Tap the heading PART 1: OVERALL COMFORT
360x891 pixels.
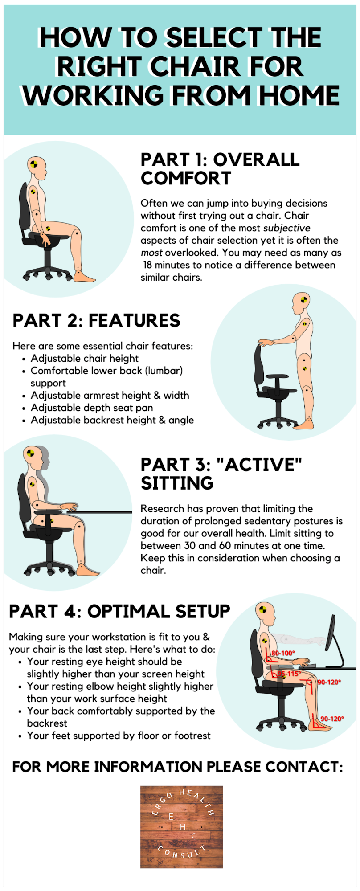[x=220, y=169]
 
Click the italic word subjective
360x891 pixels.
[x=286, y=228]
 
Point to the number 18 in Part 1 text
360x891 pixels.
[x=147, y=265]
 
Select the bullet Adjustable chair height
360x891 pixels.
[x=85, y=358]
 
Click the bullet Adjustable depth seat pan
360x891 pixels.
[x=92, y=408]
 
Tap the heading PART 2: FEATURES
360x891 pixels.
[x=96, y=321]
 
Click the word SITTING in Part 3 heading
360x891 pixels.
[x=177, y=483]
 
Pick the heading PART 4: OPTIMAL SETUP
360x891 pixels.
[x=119, y=612]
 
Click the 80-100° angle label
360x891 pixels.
[x=283, y=654]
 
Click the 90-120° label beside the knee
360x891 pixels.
[x=329, y=683]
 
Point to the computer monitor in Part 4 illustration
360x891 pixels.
[x=333, y=642]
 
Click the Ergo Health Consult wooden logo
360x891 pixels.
[x=182, y=827]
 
